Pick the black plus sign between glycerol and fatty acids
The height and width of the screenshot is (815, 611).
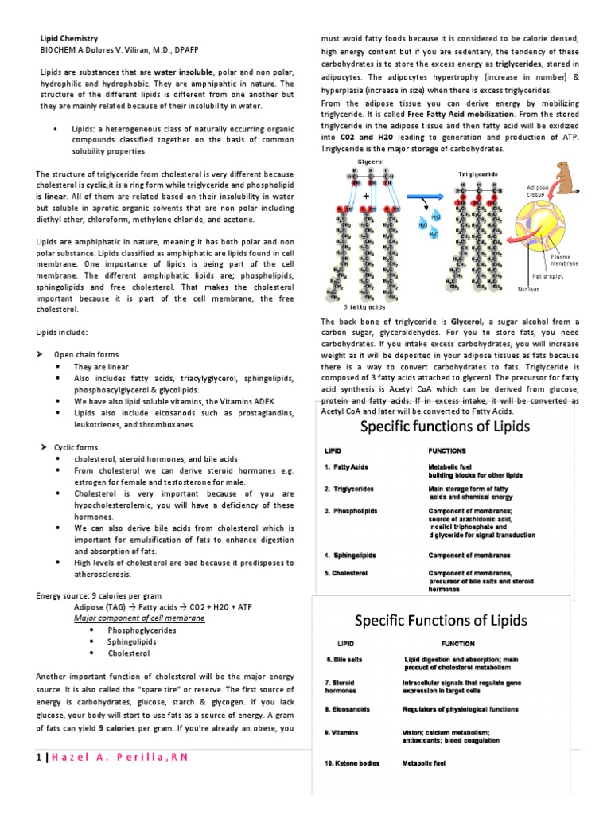click(x=366, y=194)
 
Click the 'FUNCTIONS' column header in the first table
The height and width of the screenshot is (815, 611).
click(x=447, y=450)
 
